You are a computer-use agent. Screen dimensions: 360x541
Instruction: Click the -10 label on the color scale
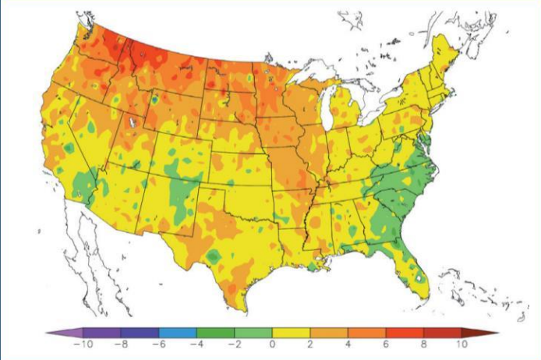[84, 344]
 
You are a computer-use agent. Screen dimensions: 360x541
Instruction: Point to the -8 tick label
[122, 344]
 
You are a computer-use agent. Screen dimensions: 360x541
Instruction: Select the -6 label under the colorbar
[160, 344]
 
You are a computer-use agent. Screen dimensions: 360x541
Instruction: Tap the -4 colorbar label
[198, 344]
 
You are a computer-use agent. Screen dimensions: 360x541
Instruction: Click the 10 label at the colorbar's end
[461, 344]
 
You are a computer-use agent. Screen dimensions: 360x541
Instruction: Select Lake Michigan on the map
[330, 110]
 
